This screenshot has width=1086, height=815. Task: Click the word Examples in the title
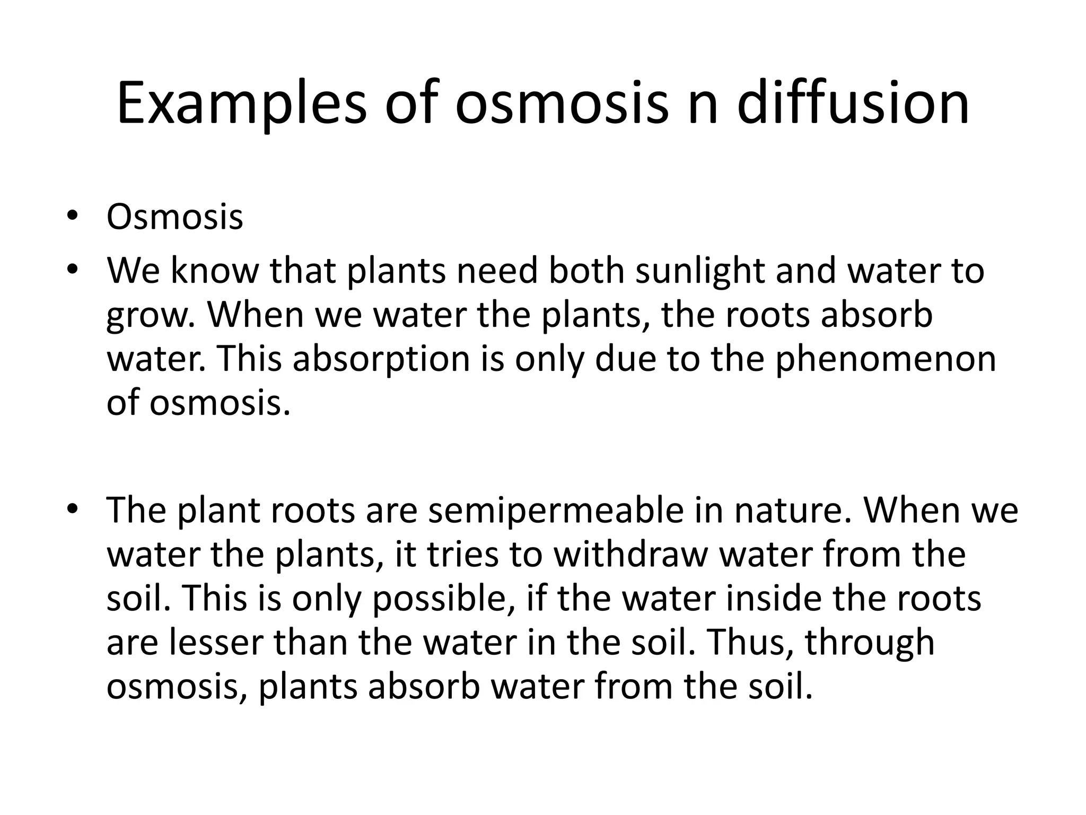241,103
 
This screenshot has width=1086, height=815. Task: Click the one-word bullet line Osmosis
174,217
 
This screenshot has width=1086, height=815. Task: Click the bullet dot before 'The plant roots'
73,509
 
